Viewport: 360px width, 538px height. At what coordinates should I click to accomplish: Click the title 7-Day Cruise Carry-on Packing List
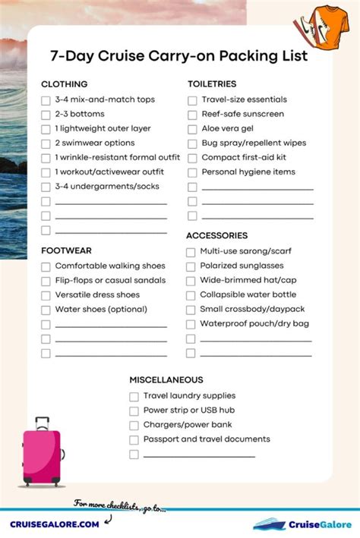179,56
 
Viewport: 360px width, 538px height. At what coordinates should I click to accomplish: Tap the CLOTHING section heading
64,84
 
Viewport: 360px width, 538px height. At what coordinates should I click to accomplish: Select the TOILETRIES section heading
212,84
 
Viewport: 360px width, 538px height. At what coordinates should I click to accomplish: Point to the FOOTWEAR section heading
66,250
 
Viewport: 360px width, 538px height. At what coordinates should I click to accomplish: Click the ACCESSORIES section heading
216,236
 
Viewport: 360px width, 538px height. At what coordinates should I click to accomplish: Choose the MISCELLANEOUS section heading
166,379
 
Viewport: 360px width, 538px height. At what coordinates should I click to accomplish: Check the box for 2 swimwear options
46,143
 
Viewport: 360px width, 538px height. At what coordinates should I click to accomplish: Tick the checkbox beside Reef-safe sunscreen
192,115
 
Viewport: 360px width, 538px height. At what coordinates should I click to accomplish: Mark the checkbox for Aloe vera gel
192,129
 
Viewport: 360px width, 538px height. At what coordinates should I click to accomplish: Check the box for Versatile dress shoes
46,296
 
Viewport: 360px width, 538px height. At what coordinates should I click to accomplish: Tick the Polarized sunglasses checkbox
191,266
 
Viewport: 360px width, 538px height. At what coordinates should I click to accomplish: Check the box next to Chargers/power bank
134,425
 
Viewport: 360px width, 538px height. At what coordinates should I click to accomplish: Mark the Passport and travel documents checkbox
134,439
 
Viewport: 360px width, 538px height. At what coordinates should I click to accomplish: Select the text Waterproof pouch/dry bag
254,324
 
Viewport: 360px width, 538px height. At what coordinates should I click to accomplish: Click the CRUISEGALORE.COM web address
54,524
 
